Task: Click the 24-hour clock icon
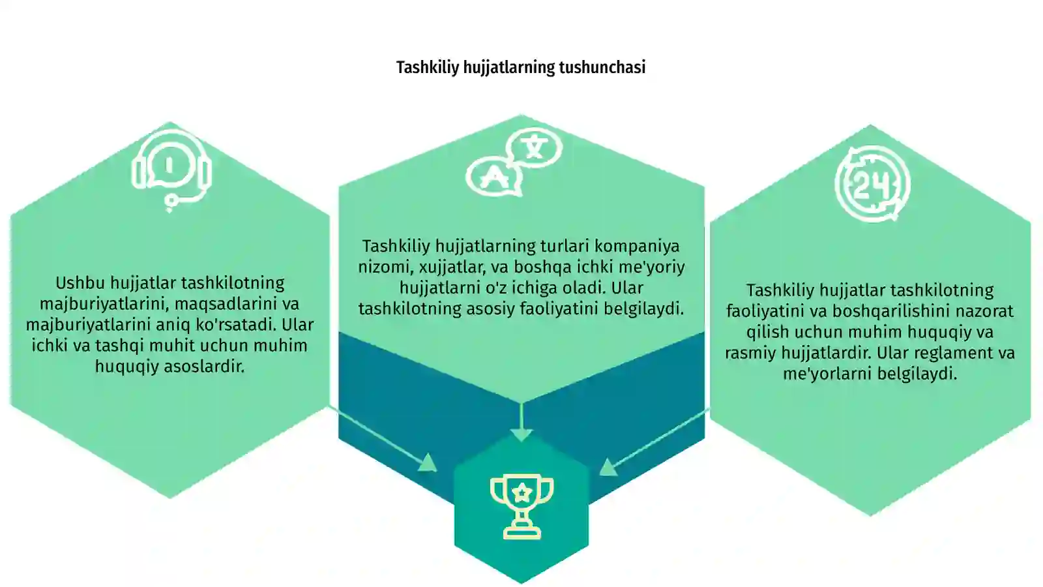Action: pos(872,184)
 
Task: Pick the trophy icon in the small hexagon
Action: pos(521,507)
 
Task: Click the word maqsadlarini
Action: pos(218,304)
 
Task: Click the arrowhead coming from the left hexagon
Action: pos(428,463)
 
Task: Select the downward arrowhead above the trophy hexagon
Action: pos(521,434)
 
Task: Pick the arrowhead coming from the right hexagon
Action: pos(608,467)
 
